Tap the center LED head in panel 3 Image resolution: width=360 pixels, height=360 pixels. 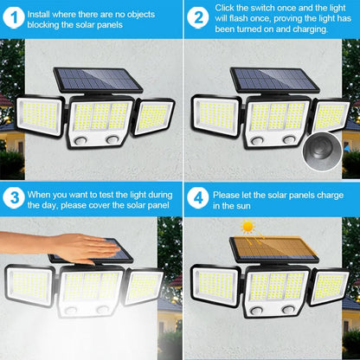[90, 289]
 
